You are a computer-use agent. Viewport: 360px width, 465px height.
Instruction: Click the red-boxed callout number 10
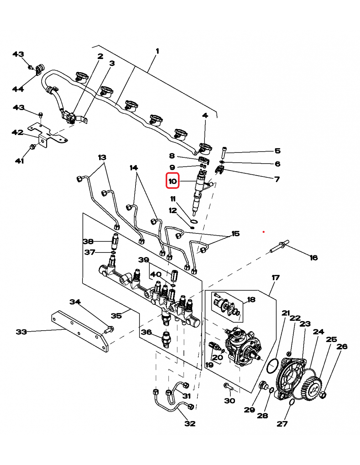172,181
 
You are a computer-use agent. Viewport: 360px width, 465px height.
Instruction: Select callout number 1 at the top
157,51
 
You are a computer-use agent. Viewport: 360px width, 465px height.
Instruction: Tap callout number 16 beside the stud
314,258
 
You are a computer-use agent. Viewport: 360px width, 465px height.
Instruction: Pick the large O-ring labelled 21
273,366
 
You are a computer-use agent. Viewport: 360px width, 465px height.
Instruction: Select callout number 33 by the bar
21,332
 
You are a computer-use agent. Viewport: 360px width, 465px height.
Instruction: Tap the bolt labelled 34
109,330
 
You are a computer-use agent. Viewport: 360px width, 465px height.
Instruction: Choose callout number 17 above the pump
276,278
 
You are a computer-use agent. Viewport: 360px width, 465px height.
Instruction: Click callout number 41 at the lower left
19,161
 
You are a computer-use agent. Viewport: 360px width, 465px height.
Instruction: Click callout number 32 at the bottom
190,423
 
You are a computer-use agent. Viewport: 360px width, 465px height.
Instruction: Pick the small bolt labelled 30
228,387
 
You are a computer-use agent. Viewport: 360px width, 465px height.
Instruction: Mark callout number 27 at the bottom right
282,424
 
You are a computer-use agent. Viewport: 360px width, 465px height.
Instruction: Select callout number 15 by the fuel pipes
235,234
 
